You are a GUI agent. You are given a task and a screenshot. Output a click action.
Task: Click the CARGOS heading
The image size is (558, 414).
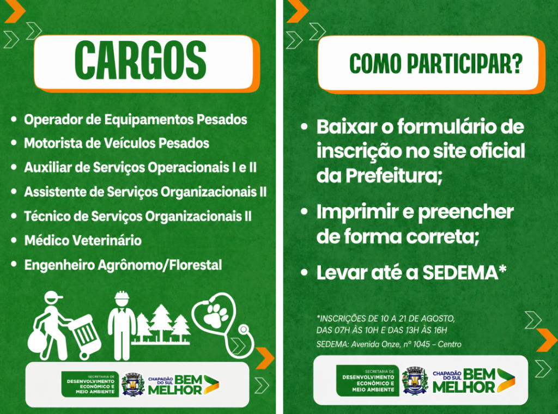[x=140, y=60]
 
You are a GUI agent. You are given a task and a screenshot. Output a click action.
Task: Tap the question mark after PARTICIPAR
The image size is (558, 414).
[x=517, y=64]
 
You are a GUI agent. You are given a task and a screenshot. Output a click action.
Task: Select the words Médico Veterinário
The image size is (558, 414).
[x=83, y=241]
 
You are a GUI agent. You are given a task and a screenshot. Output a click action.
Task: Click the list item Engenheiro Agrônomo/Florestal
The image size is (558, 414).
[x=123, y=265]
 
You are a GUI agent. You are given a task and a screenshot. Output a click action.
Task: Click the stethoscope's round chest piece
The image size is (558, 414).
[x=244, y=330]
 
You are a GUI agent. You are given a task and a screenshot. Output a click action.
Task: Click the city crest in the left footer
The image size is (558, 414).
[x=132, y=384]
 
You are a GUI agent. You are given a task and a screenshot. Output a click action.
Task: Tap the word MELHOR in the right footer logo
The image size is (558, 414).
[x=464, y=387]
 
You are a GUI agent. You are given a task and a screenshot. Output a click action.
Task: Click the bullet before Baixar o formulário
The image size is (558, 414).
[x=304, y=127]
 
